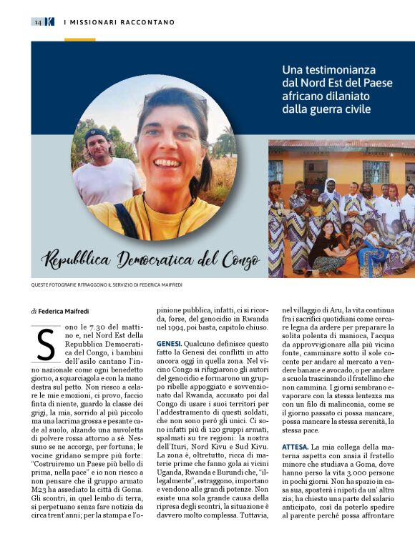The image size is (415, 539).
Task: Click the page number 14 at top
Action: [x=38, y=22]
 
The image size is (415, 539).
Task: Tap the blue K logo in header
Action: [x=49, y=22]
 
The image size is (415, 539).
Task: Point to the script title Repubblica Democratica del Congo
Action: [x=150, y=258]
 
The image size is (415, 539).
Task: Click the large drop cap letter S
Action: [x=45, y=345]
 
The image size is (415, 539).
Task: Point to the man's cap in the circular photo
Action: [x=97, y=134]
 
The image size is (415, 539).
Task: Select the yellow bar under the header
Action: [x=79, y=39]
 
